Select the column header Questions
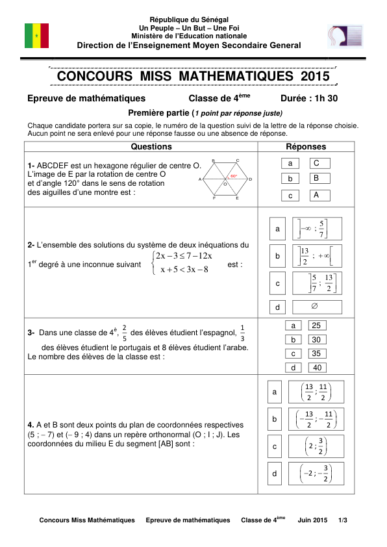[x=151, y=147]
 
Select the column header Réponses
[x=306, y=147]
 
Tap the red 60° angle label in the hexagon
[x=233, y=176]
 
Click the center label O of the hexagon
[x=225, y=184]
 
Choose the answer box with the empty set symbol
[x=316, y=307]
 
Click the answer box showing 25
[x=316, y=325]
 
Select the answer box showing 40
[x=316, y=368]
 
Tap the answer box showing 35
[x=316, y=353]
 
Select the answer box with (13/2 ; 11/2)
[x=316, y=392]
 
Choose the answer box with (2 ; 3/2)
[x=316, y=446]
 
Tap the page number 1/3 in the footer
[x=343, y=520]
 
